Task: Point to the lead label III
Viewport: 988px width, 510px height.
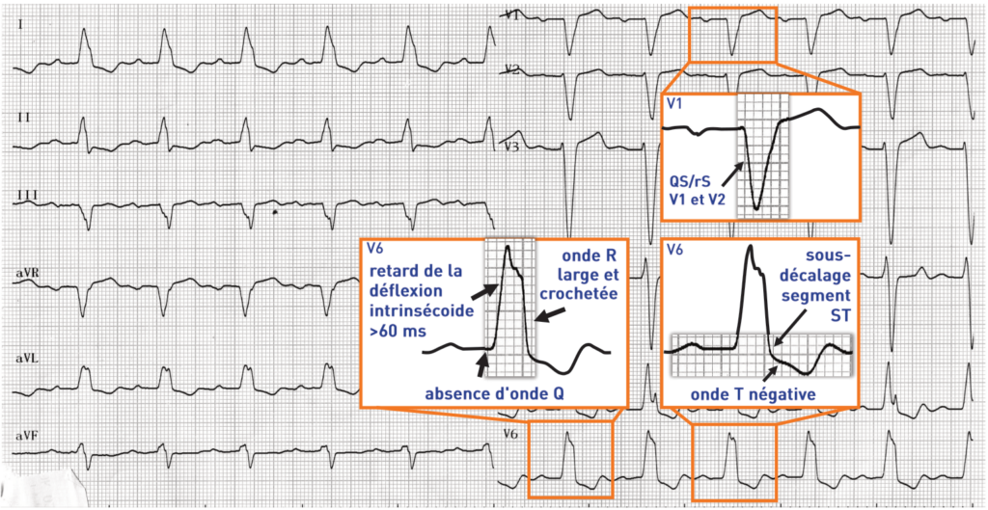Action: click(27, 196)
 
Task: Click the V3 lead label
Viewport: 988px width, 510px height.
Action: click(512, 147)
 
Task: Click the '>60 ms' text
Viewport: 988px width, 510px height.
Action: click(390, 331)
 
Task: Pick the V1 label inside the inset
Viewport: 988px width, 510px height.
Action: click(674, 101)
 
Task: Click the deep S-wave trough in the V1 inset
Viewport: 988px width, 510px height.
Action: click(758, 205)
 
